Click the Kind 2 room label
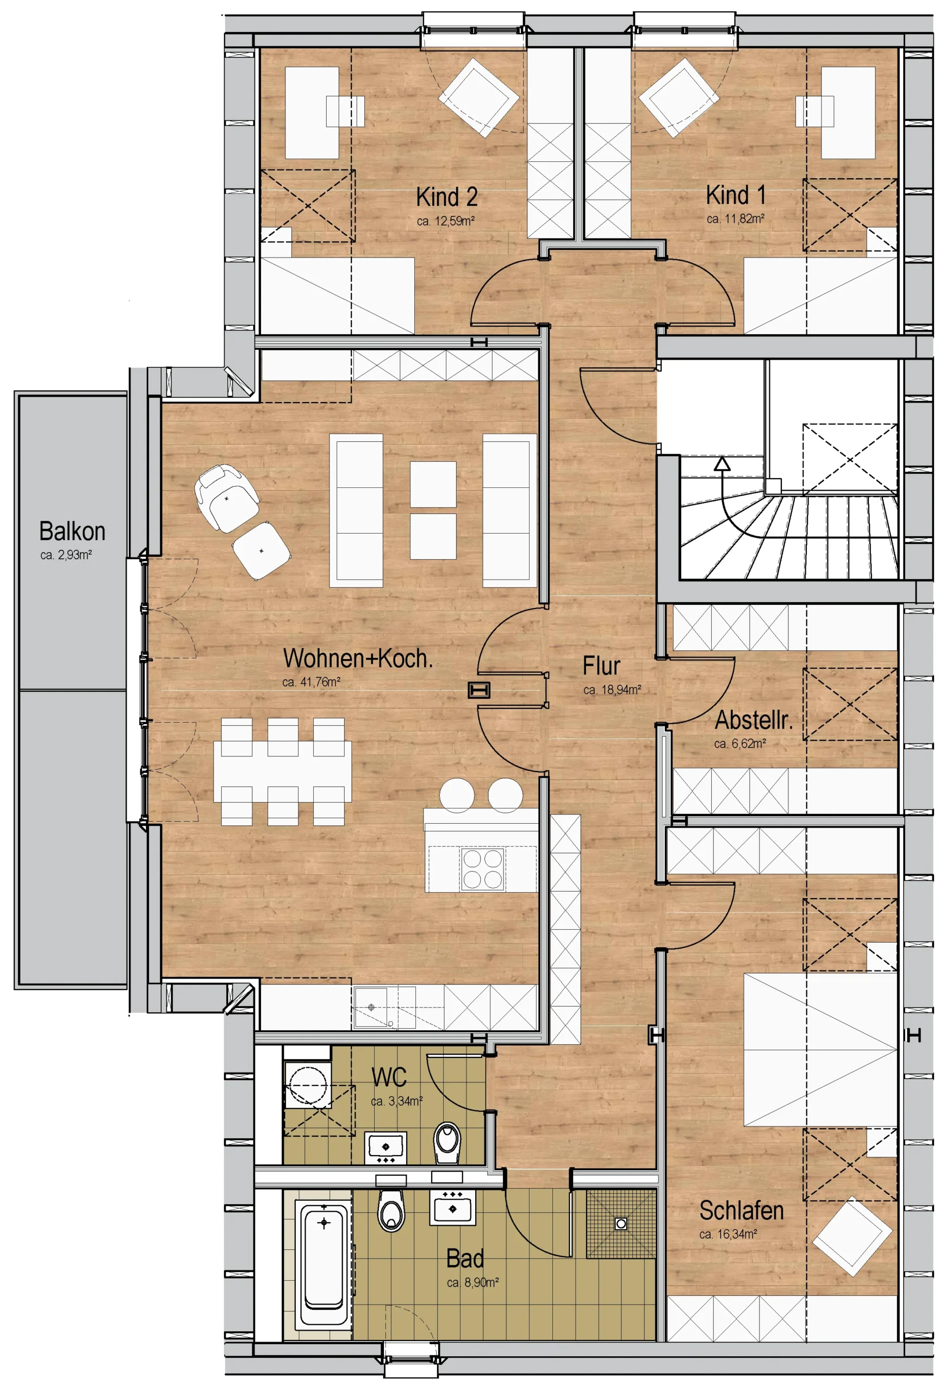[x=447, y=196]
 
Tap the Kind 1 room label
[x=735, y=195]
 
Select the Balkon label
[x=72, y=531]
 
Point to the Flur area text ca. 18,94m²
[x=612, y=690]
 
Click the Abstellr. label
[x=754, y=720]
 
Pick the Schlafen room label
[x=741, y=1210]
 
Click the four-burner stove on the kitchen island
[x=482, y=868]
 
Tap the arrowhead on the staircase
[x=722, y=463]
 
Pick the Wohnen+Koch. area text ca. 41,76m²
[x=312, y=682]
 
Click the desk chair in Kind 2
[x=345, y=111]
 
